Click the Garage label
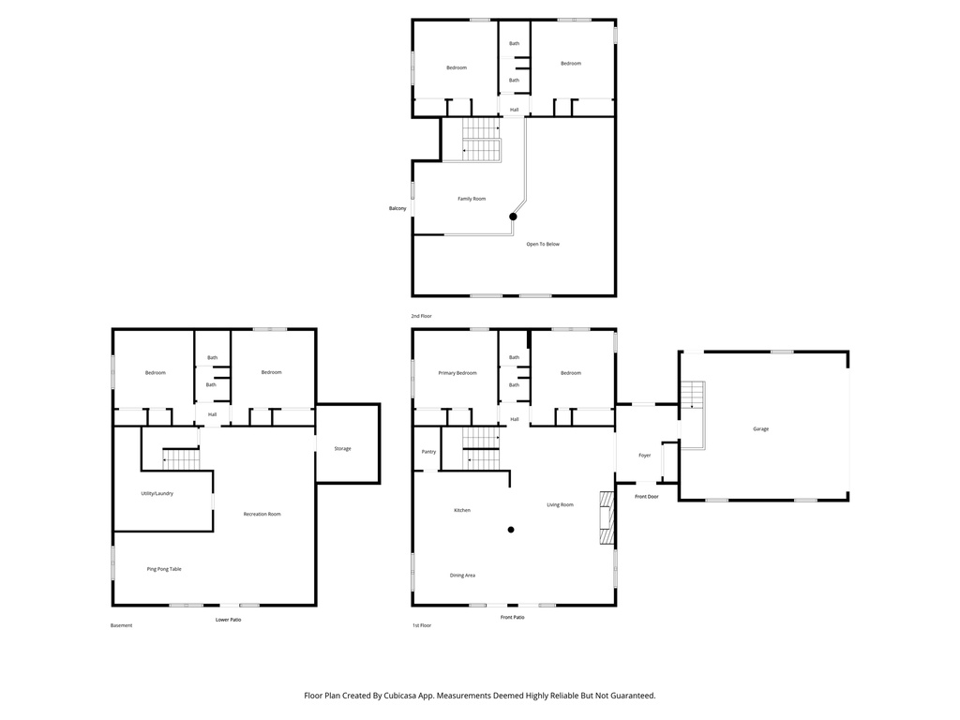coord(760,428)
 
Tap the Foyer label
coord(645,455)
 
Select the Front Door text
coord(646,496)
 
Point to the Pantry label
coord(428,452)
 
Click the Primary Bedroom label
coord(457,373)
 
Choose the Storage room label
coord(343,448)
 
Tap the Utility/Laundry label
coord(157,493)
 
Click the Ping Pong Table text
coord(163,569)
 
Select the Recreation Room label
coord(262,514)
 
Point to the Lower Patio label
coord(229,620)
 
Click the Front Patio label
coord(512,617)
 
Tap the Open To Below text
coord(543,244)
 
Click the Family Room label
coord(472,199)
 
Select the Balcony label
coord(398,208)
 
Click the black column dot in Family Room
coord(513,217)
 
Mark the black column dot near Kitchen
coord(511,530)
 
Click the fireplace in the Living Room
coord(607,517)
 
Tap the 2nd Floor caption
coord(421,316)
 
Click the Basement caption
coord(121,625)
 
